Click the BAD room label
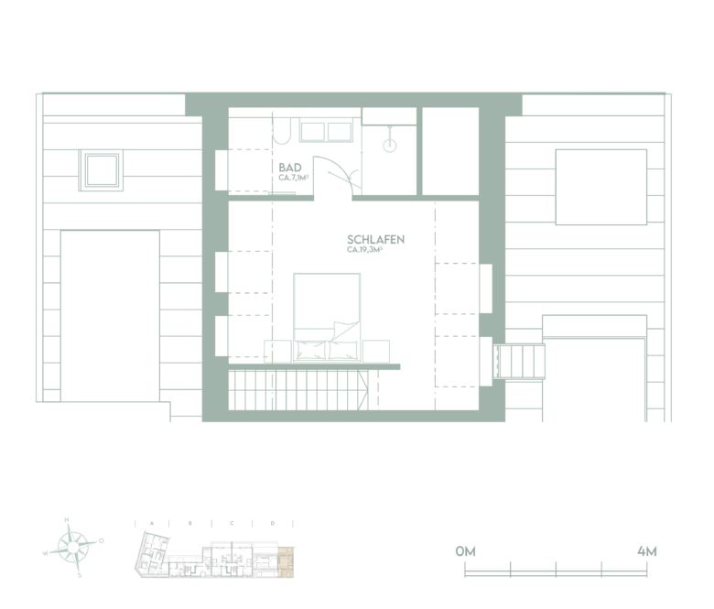click(x=291, y=168)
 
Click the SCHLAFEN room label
click(x=375, y=239)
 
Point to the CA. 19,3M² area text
click(x=363, y=249)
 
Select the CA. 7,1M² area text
click(x=293, y=178)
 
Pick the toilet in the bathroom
click(x=283, y=132)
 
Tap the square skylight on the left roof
click(x=100, y=169)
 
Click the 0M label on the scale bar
click(x=465, y=551)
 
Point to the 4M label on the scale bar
click(x=646, y=551)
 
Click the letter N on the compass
click(x=67, y=521)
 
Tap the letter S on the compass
click(x=80, y=575)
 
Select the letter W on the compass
click(x=46, y=554)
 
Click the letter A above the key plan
click(x=151, y=523)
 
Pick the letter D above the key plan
click(x=273, y=523)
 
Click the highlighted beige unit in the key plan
click(x=287, y=560)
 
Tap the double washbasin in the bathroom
click(x=326, y=131)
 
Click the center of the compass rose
click(x=73, y=548)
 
